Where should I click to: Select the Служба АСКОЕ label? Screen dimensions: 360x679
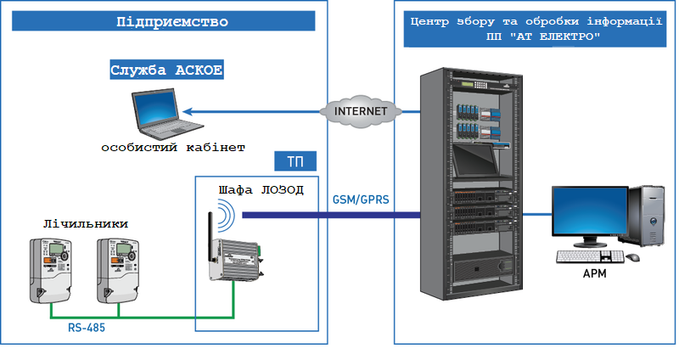[x=166, y=70]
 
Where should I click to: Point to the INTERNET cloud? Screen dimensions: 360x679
[x=361, y=111]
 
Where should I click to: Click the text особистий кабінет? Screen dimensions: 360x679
[x=172, y=148]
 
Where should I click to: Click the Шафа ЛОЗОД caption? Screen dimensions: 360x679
[x=256, y=188]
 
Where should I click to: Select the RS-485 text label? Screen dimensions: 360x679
[x=87, y=325]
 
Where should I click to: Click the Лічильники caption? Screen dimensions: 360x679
[x=86, y=223]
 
